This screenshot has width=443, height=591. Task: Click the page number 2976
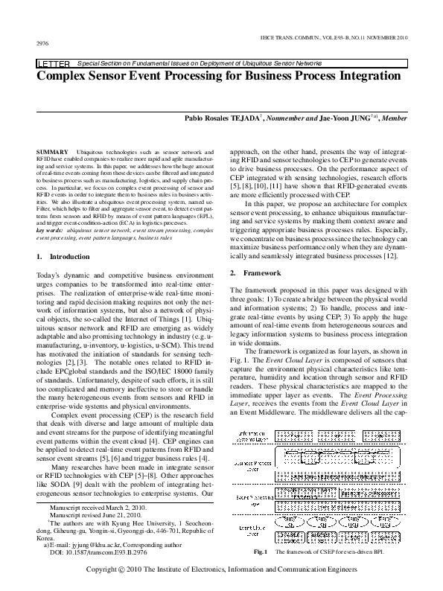42,44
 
